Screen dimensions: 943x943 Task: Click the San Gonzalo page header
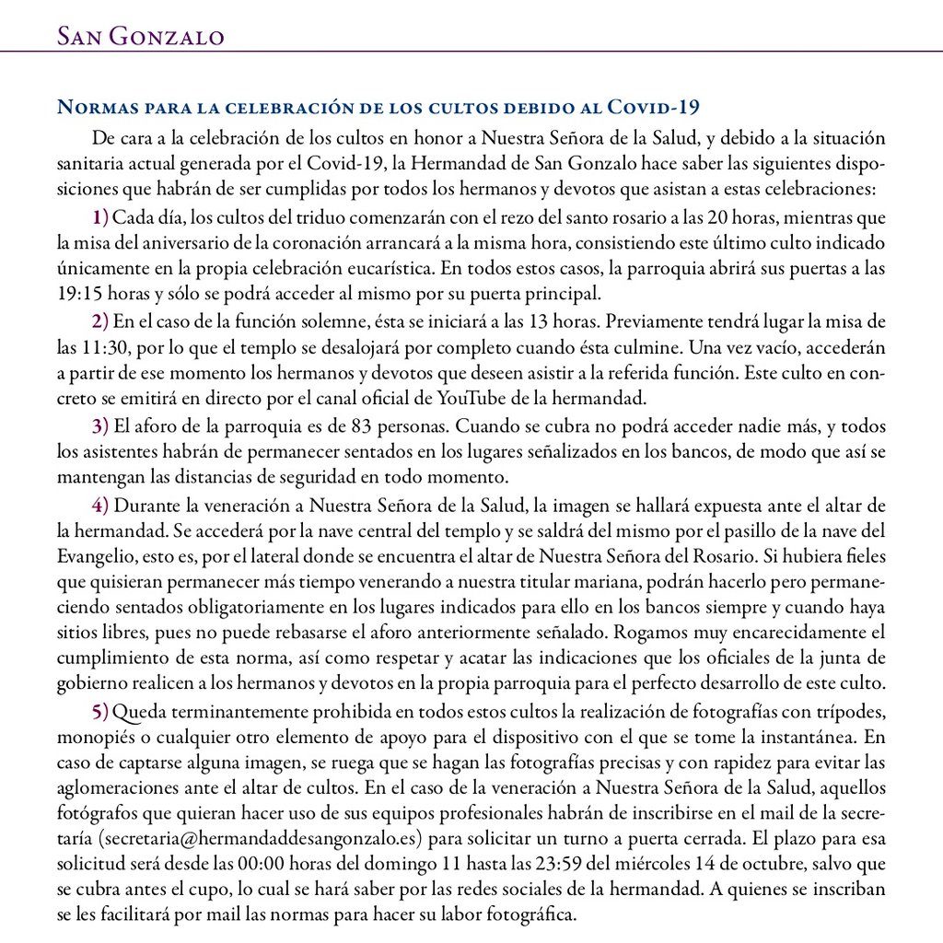tap(140, 37)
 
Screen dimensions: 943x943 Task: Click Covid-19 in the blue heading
tap(659, 107)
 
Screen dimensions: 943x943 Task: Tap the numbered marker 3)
tap(99, 426)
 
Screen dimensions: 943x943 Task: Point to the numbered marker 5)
tap(99, 713)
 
